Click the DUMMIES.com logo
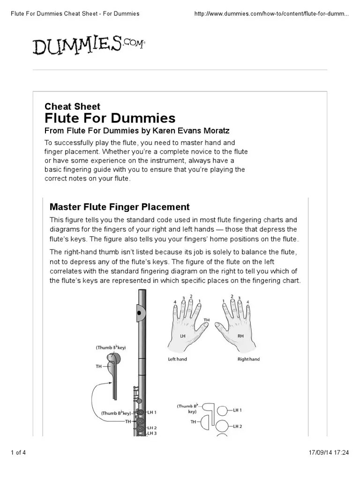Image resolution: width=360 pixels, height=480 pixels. [x=89, y=45]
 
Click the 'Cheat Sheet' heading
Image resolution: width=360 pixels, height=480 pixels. [x=72, y=106]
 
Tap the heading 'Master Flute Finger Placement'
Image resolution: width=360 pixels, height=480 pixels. [x=120, y=207]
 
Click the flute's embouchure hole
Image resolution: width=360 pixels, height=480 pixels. [x=139, y=313]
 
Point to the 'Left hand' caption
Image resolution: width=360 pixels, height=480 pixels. [x=178, y=359]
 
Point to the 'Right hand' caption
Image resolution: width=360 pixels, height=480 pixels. [x=248, y=359]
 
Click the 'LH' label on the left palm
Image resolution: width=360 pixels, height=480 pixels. [x=183, y=336]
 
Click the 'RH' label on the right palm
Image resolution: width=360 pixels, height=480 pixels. [x=240, y=336]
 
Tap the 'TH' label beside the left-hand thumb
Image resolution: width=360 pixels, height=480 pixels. [x=207, y=320]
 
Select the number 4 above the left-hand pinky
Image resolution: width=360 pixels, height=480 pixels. [x=175, y=301]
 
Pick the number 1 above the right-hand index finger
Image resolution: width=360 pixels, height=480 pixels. [x=224, y=300]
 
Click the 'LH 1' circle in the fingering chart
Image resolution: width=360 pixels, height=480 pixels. [x=223, y=410]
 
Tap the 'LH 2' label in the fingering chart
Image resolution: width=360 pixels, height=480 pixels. [x=237, y=426]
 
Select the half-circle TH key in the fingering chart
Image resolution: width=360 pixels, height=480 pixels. [x=205, y=422]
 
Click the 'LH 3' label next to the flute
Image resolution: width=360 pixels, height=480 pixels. [x=152, y=433]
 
